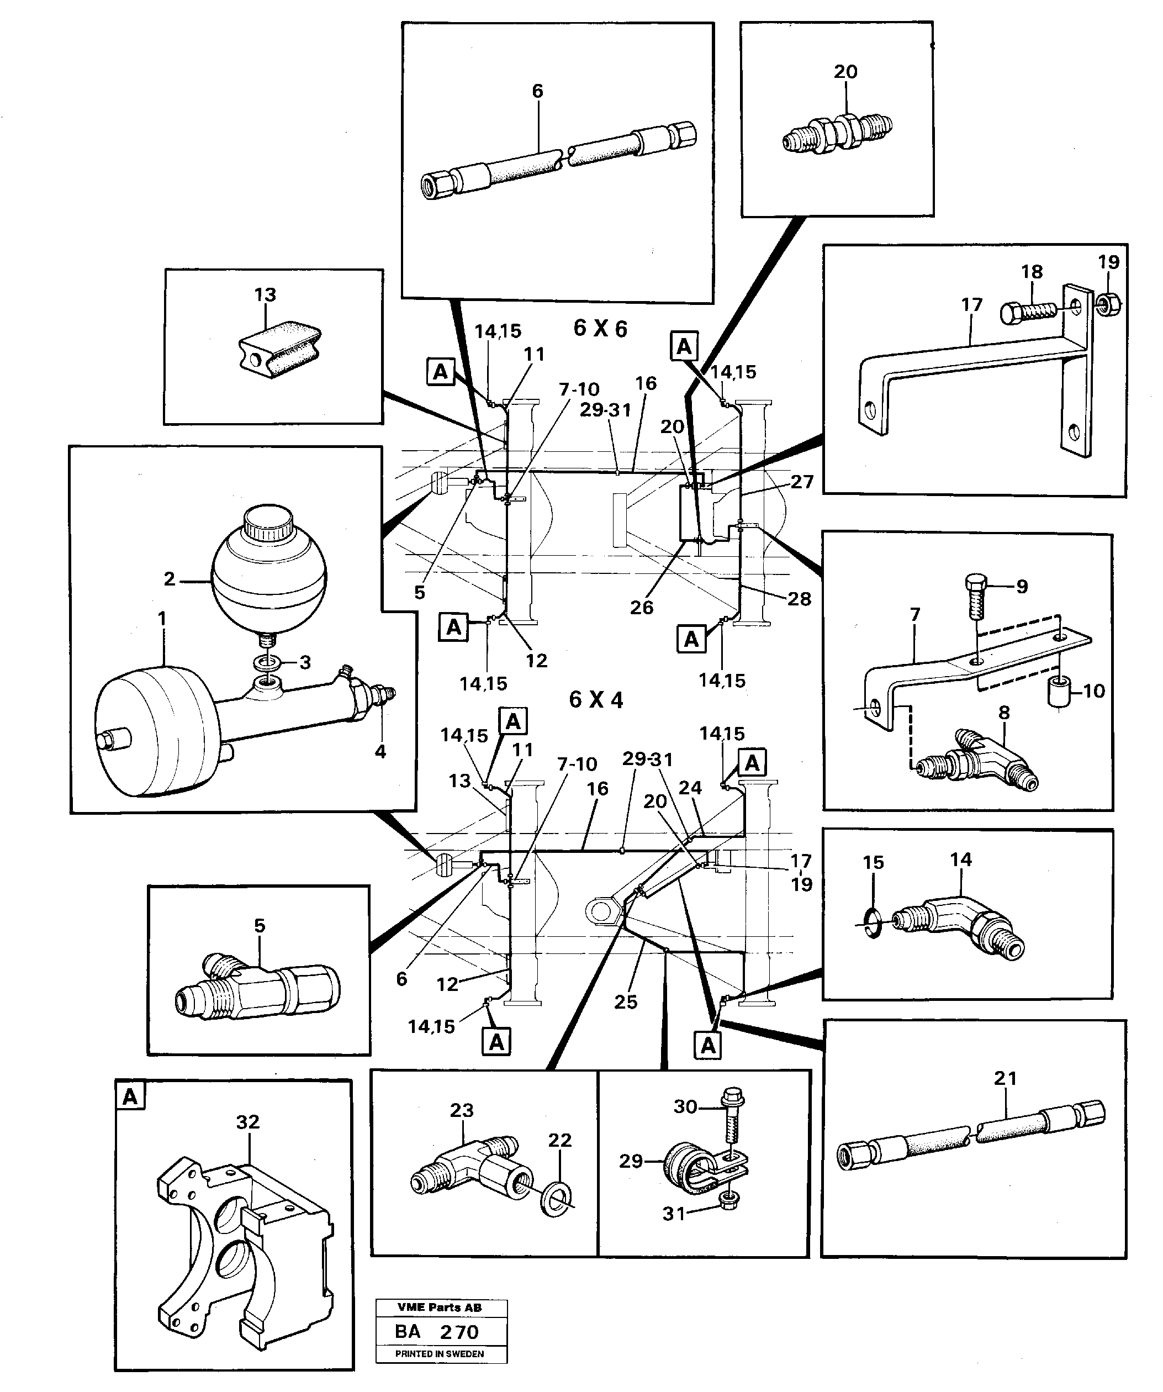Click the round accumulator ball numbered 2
coord(268,578)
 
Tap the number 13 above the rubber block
coord(265,294)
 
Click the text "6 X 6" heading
coord(600,328)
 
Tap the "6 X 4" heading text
coord(596,699)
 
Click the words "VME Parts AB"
coord(440,1307)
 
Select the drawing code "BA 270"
coord(436,1331)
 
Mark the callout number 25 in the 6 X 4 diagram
coord(625,1001)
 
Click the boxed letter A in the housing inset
coord(130,1097)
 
